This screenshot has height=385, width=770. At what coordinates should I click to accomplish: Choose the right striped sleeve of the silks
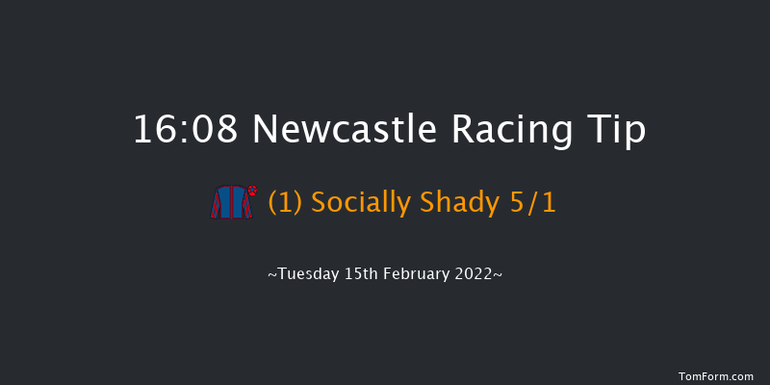[x=249, y=206]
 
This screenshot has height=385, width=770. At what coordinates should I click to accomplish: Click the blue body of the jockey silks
[x=232, y=203]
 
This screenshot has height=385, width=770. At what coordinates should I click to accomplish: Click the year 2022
[x=473, y=274]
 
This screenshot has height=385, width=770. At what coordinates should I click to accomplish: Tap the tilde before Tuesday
[x=272, y=275]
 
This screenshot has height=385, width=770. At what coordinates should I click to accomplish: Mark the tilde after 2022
[x=498, y=275]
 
